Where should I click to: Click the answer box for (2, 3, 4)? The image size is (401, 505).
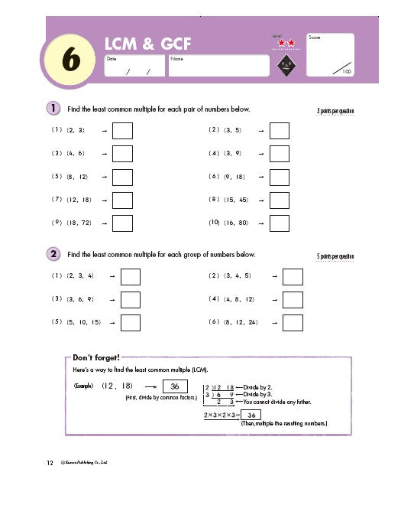click(x=131, y=276)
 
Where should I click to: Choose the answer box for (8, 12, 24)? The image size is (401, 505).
click(x=293, y=323)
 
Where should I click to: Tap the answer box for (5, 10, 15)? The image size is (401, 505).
click(x=131, y=323)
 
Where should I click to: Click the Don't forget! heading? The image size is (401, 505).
click(x=96, y=357)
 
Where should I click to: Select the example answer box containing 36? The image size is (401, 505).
click(x=175, y=386)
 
